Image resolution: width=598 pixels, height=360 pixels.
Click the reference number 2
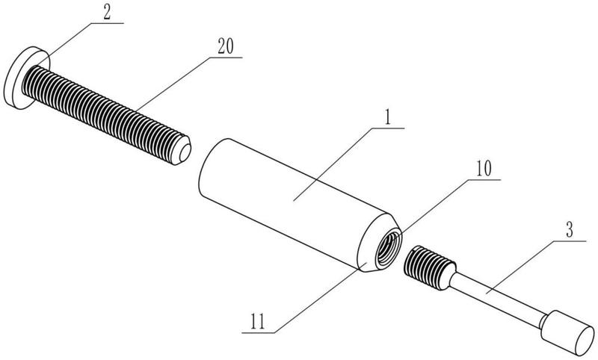pyautogui.click(x=107, y=13)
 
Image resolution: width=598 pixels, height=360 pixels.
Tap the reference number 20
pyautogui.click(x=226, y=46)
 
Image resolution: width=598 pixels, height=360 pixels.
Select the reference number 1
pyautogui.click(x=388, y=118)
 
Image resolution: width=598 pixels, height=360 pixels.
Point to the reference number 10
pyautogui.click(x=483, y=168)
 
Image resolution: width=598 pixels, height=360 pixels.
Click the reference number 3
pyautogui.click(x=570, y=230)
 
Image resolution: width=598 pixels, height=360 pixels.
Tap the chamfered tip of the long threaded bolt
pyautogui.click(x=182, y=151)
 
